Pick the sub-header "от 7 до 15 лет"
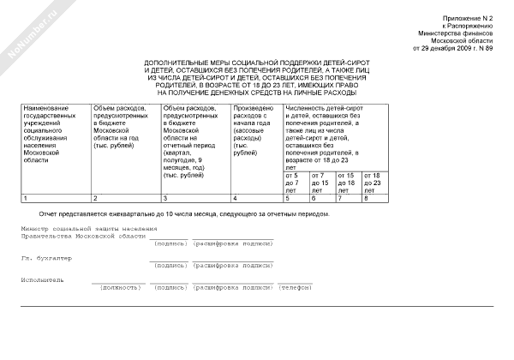pyautogui.click(x=320, y=182)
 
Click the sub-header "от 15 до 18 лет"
pyautogui.click(x=347, y=182)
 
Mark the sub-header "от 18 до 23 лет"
pyautogui.click(x=373, y=182)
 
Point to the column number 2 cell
pyautogui.click(x=126, y=198)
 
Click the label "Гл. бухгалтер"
pyautogui.click(x=44, y=257)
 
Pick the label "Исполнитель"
pyautogui.click(x=44, y=279)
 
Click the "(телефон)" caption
pyautogui.click(x=295, y=287)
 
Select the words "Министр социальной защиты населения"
pyautogui.click(x=90, y=229)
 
